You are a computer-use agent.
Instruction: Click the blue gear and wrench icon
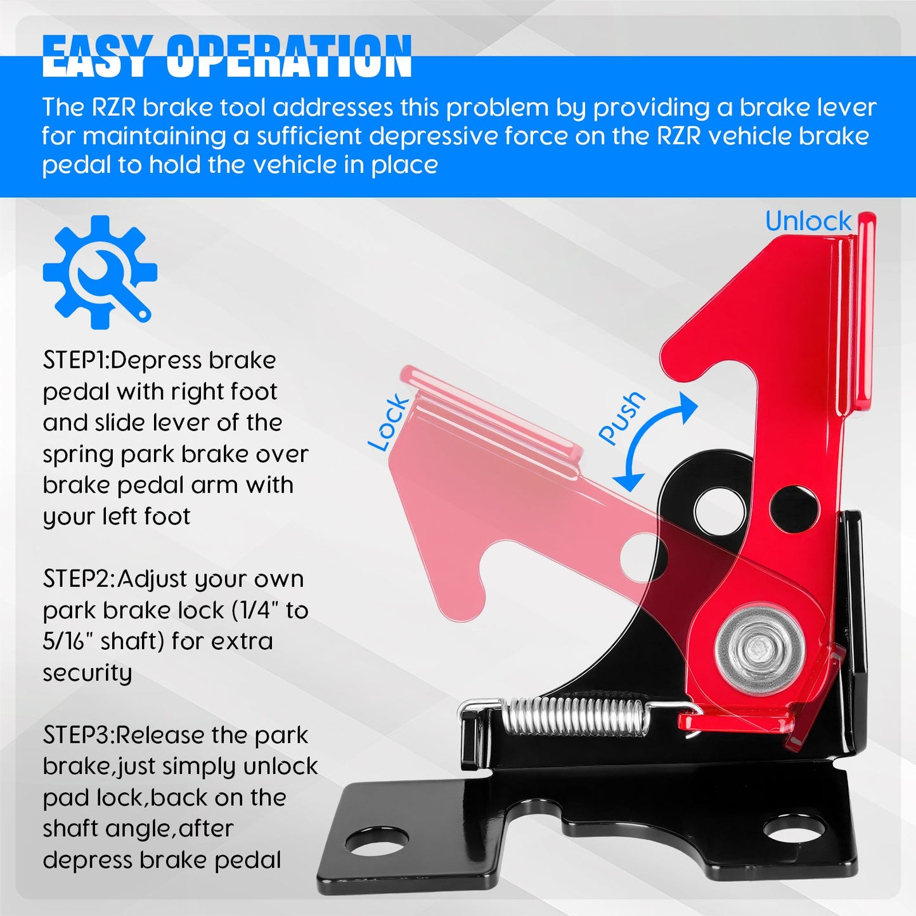[x=100, y=272]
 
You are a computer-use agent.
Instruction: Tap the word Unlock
[x=808, y=221]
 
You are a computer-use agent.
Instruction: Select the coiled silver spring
[x=577, y=716]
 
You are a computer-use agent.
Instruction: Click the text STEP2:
[x=79, y=579]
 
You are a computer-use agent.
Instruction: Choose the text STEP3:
[x=79, y=735]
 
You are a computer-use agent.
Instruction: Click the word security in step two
[x=87, y=673]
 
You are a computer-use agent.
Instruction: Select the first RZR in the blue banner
[x=114, y=108]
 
